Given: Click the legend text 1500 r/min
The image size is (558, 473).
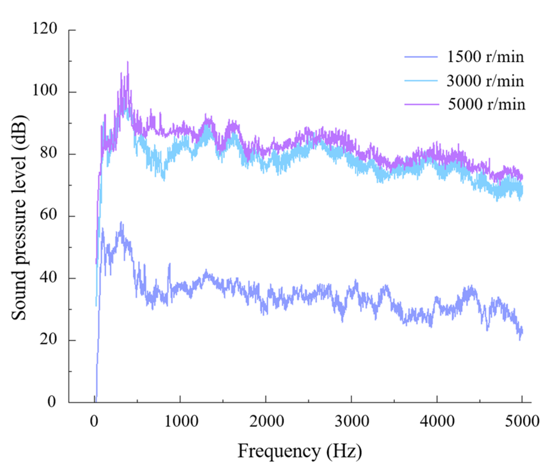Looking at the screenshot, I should [x=485, y=57].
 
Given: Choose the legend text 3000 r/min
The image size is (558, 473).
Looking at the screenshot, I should [x=485, y=81].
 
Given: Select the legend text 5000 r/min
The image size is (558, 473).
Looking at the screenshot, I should [x=486, y=104].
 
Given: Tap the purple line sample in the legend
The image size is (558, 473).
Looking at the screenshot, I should [x=421, y=104].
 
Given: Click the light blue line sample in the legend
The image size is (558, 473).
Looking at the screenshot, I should [x=421, y=81].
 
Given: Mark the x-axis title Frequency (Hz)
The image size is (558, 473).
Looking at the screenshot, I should [x=300, y=451].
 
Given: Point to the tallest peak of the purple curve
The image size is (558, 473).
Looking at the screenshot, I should [x=128, y=62].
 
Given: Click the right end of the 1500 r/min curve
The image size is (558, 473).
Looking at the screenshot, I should [x=522, y=331].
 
